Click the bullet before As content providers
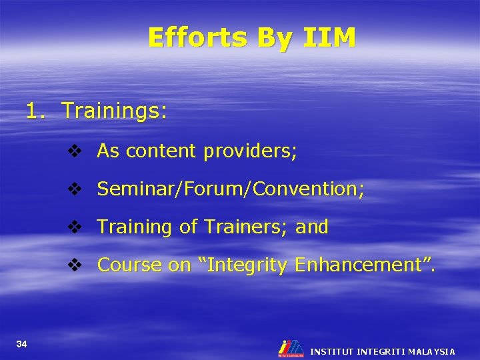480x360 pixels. (x=74, y=152)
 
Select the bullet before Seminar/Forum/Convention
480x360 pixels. (x=74, y=190)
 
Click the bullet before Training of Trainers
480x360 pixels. (x=74, y=227)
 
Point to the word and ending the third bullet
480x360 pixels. (x=312, y=227)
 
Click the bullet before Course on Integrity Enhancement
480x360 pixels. (x=74, y=265)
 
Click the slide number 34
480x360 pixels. (x=22, y=344)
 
